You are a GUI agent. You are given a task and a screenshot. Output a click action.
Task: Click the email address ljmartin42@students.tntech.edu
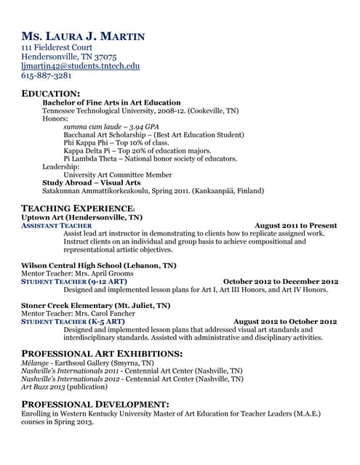[80, 65]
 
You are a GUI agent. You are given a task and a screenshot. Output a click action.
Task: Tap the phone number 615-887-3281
[47, 75]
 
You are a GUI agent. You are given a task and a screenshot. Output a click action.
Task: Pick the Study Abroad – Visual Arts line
[92, 182]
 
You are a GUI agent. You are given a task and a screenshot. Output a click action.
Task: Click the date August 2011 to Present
[296, 225]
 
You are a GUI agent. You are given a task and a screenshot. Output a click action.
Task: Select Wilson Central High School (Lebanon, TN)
[99, 266]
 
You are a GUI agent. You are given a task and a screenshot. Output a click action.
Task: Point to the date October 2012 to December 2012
[281, 281]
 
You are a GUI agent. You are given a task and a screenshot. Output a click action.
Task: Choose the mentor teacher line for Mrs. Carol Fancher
[79, 313]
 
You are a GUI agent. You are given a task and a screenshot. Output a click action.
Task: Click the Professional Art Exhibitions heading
[102, 353]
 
